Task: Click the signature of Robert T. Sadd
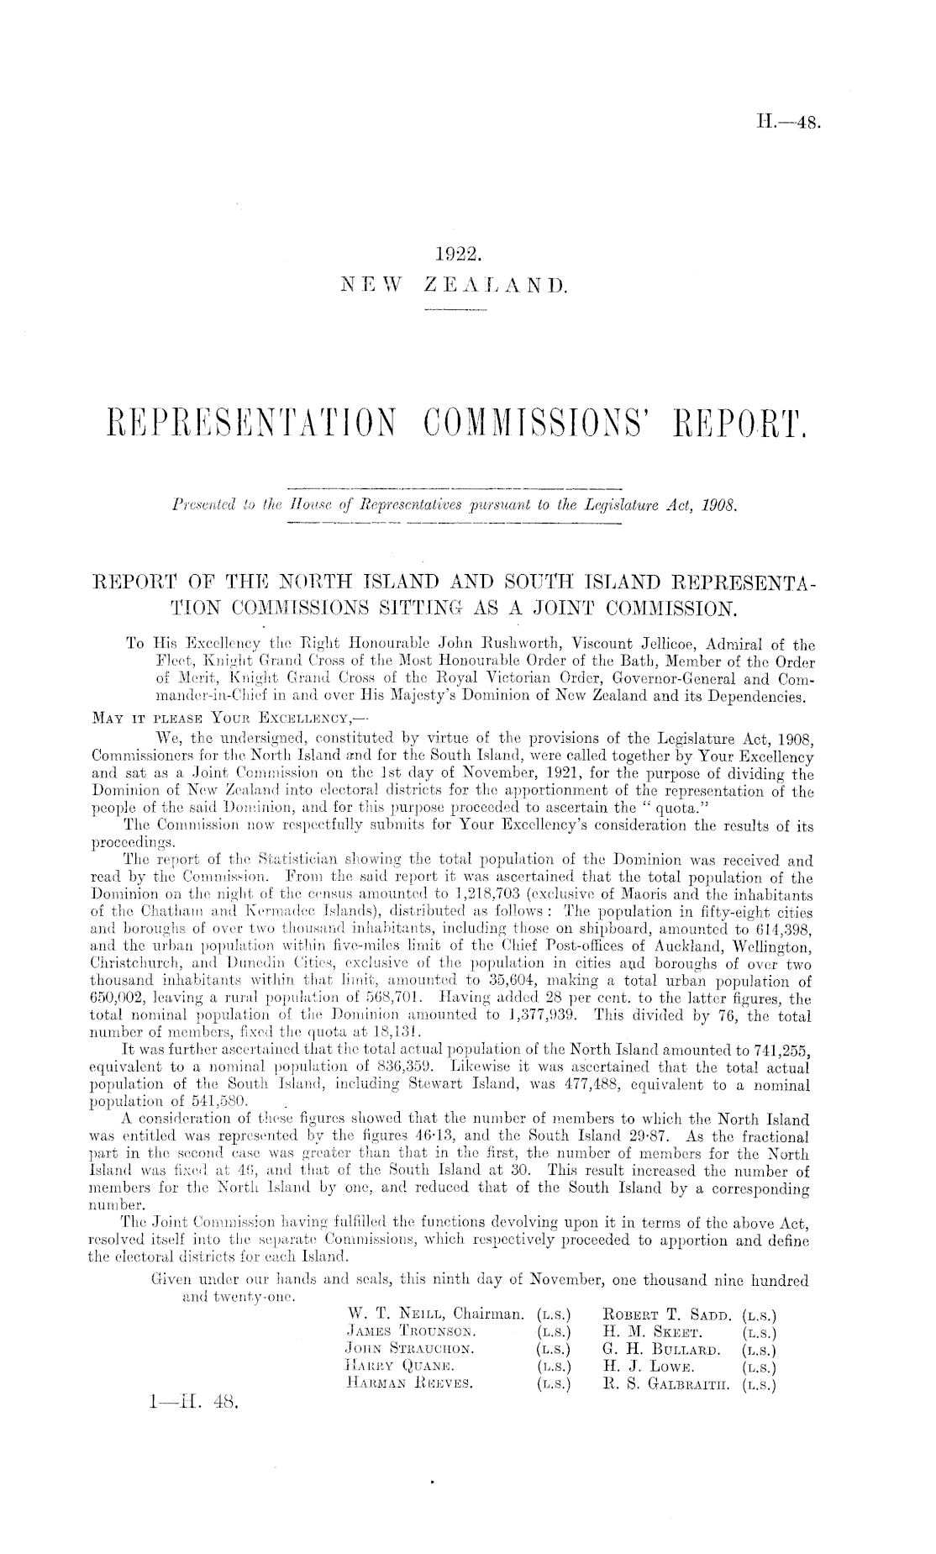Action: click(669, 1313)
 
